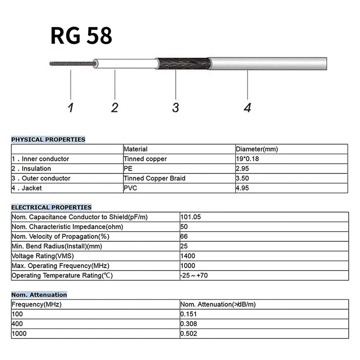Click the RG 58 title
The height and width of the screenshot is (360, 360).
[81, 36]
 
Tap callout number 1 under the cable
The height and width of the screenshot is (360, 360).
[70, 108]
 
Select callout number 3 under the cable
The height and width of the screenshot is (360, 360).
[175, 108]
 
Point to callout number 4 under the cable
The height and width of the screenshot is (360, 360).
[247, 108]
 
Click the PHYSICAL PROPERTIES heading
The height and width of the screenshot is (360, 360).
[48, 139]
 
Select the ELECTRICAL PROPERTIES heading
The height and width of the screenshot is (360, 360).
[51, 207]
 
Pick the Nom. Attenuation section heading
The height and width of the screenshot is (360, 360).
[39, 295]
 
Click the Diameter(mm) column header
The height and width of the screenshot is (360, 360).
[257, 149]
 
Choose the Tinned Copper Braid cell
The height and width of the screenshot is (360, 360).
[154, 178]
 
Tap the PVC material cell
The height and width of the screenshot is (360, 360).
[130, 188]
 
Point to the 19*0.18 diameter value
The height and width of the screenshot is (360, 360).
[248, 159]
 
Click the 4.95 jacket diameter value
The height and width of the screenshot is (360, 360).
[243, 188]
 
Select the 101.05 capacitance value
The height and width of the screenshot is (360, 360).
[190, 217]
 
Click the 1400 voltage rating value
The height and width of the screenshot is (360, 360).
[188, 256]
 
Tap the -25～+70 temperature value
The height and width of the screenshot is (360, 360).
[194, 275]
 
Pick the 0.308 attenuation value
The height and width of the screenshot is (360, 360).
[189, 324]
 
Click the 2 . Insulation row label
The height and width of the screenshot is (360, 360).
[31, 169]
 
